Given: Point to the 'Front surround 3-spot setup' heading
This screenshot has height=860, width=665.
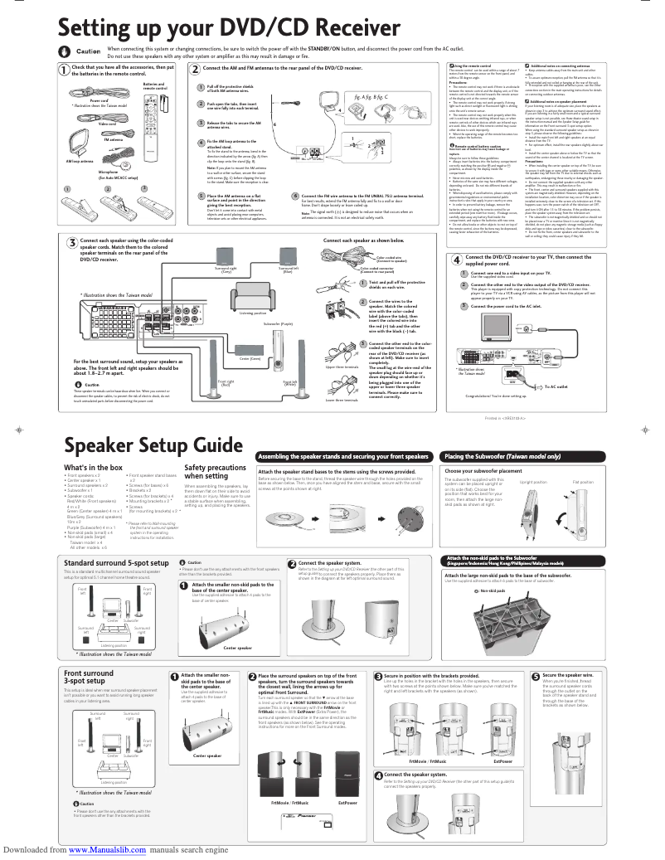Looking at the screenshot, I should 90,678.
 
